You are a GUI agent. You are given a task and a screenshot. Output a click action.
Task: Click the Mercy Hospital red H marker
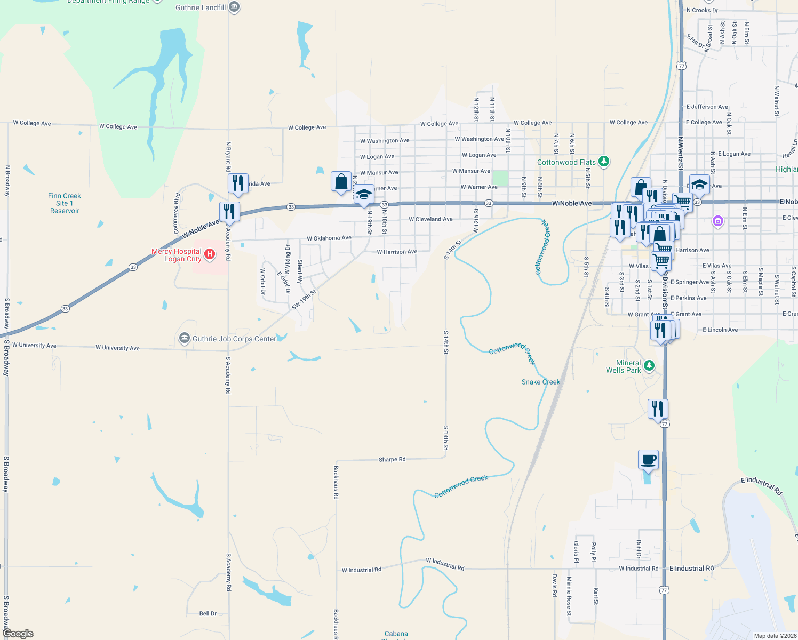210,254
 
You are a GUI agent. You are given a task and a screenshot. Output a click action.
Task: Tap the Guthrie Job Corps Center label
234,339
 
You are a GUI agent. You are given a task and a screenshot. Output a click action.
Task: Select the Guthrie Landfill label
201,7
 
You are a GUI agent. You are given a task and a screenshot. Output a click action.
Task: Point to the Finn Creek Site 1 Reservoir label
65,203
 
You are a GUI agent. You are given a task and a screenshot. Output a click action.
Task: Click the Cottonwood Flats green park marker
604,161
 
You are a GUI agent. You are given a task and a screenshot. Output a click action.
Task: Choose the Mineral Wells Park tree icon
649,365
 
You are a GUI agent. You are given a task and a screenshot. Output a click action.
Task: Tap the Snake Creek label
541,382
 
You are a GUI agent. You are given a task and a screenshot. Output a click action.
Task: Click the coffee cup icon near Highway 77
648,460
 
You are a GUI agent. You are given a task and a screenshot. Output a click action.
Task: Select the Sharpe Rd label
392,459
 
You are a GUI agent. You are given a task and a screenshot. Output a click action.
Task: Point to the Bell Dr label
208,613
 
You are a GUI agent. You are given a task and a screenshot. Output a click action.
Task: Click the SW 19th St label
304,300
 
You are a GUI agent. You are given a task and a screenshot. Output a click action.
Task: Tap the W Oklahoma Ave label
329,238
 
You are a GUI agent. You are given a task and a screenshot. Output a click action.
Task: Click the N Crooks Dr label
702,10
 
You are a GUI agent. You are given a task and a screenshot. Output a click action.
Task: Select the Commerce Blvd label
177,213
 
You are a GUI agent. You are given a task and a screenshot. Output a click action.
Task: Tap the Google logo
18,634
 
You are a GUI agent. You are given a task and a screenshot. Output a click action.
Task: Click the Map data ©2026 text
775,636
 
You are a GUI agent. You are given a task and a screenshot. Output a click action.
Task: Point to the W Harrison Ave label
397,252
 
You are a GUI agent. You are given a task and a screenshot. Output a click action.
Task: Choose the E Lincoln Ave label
720,330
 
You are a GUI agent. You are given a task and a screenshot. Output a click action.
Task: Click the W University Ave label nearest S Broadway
34,345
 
